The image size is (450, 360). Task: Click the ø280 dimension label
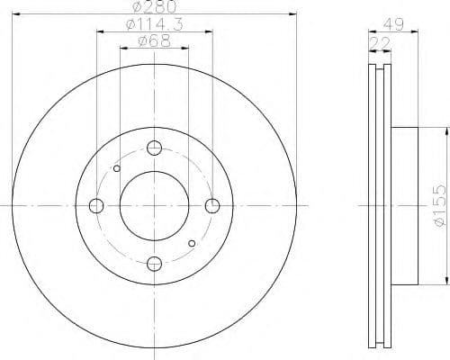(x=155, y=7)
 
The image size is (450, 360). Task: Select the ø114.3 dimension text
(x=155, y=25)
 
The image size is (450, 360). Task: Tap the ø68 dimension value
(x=155, y=42)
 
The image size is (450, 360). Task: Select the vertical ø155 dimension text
(x=436, y=205)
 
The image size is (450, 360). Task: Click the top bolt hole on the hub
(x=155, y=149)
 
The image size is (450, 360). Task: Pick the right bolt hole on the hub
(x=212, y=206)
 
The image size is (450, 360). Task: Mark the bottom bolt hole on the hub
(x=155, y=263)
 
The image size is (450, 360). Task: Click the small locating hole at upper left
(x=117, y=168)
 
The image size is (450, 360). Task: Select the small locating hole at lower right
(x=192, y=243)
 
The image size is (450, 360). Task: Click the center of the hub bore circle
(x=155, y=206)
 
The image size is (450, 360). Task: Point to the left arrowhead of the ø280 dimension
(x=17, y=14)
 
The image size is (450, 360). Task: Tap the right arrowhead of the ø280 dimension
(x=293, y=14)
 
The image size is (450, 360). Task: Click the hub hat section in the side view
(x=405, y=206)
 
